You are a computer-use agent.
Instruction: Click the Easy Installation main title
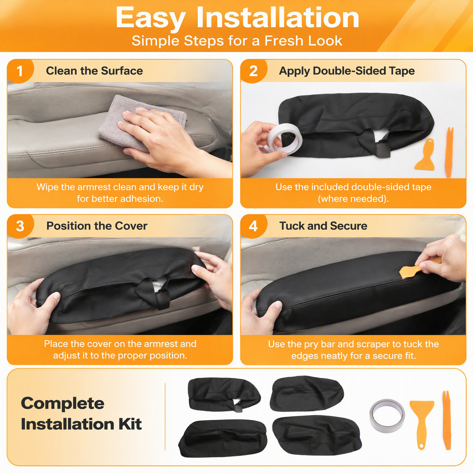237,18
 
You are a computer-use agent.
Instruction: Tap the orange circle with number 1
20,71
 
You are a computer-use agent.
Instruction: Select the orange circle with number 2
253,71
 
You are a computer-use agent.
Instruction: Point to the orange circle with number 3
20,226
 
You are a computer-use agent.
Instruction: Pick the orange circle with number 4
253,226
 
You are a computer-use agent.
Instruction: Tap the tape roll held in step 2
285,139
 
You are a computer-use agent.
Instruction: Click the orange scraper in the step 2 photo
425,155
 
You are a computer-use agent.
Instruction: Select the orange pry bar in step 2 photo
449,152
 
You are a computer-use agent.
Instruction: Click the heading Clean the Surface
94,71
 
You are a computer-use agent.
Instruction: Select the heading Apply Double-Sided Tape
347,71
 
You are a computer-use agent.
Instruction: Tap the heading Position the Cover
97,226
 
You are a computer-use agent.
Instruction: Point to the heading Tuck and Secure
323,226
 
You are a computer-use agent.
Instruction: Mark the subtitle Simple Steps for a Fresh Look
237,41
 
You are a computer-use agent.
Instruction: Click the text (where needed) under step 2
353,199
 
